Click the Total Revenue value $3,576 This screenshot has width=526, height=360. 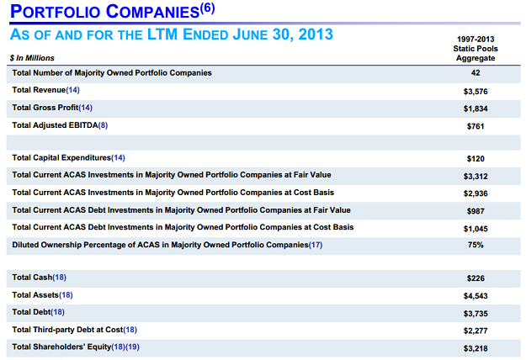[x=475, y=91]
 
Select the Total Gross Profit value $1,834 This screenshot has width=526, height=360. [x=475, y=109]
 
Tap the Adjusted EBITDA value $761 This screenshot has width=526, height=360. [x=475, y=126]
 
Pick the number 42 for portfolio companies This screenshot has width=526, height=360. [x=475, y=73]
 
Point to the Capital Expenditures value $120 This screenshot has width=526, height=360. [x=475, y=158]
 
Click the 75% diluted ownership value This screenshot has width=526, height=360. [x=475, y=245]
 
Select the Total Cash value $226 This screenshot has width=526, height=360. [x=475, y=278]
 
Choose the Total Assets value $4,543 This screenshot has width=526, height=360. [x=475, y=296]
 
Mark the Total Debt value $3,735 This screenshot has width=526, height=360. [x=475, y=313]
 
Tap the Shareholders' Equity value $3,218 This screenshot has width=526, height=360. [x=475, y=347]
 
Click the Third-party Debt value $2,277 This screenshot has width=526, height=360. [x=475, y=331]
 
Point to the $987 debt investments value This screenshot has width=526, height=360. [x=475, y=210]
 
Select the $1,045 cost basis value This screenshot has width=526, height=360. [x=475, y=228]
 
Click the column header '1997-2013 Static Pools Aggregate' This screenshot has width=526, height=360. [x=475, y=49]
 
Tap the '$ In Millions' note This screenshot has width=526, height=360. [x=31, y=56]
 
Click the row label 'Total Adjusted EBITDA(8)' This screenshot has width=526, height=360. [x=60, y=125]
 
